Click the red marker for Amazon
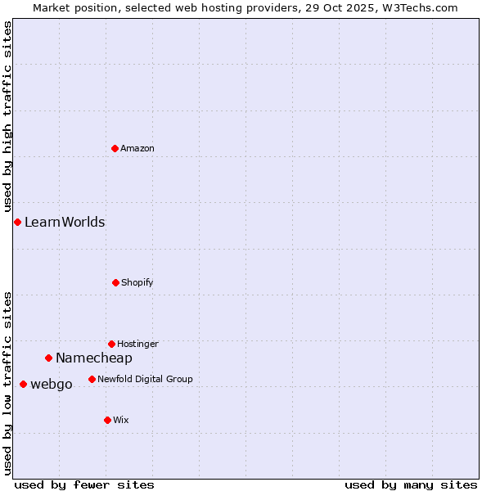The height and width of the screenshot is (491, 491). click(115, 148)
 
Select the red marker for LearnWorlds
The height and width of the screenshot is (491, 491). click(17, 222)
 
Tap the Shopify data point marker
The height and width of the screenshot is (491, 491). click(115, 282)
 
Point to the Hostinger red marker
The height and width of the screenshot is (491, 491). click(111, 344)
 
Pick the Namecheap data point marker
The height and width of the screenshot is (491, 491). click(48, 358)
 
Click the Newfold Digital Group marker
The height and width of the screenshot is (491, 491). click(92, 379)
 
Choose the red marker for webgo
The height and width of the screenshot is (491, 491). click(23, 384)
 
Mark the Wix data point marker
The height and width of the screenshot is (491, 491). click(107, 420)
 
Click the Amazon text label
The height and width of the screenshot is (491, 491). click(137, 148)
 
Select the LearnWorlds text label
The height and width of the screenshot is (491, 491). click(65, 222)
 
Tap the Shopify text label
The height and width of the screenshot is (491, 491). click(137, 282)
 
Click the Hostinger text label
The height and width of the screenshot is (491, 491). click(137, 344)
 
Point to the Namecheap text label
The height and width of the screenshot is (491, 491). click(94, 358)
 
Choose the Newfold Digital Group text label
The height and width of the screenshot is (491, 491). click(145, 379)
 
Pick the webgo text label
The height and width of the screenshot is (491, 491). click(52, 384)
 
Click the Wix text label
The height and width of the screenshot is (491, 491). click(121, 420)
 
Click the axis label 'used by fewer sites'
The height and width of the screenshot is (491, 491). click(84, 484)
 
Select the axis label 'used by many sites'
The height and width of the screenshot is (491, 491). click(411, 484)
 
